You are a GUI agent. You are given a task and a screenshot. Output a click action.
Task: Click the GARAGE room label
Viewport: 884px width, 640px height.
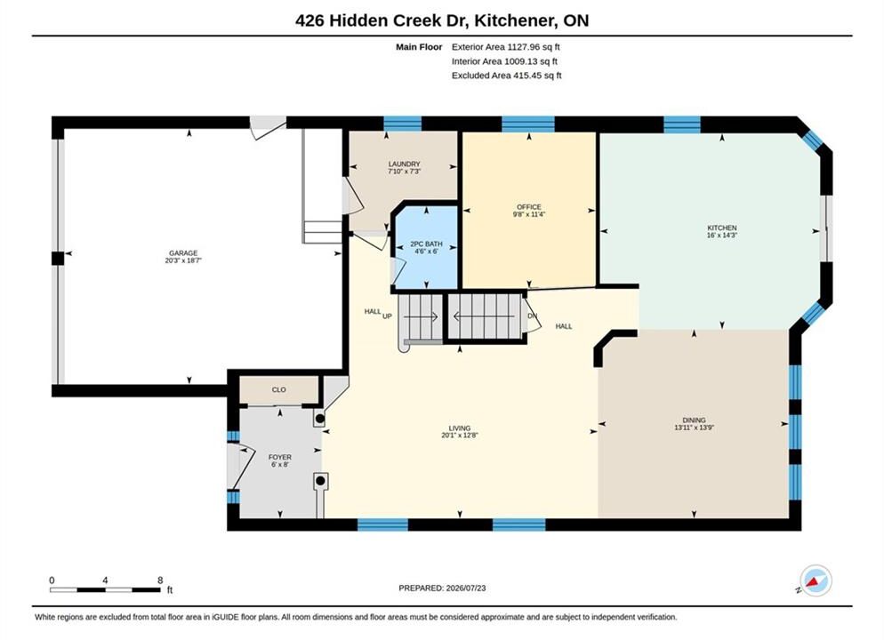pyautogui.click(x=183, y=253)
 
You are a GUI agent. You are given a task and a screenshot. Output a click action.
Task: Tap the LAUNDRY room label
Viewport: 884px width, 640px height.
pyautogui.click(x=405, y=164)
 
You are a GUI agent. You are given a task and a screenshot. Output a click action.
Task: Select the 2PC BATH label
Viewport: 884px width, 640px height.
pyautogui.click(x=426, y=244)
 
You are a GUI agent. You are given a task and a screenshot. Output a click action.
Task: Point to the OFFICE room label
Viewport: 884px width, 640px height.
pyautogui.click(x=529, y=207)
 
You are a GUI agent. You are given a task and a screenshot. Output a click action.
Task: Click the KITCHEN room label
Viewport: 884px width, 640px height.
pyautogui.click(x=722, y=228)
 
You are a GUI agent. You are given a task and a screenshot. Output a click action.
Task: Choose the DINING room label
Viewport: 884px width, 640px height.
pyautogui.click(x=694, y=420)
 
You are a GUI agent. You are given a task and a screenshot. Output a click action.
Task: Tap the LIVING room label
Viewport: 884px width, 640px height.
pyautogui.click(x=460, y=428)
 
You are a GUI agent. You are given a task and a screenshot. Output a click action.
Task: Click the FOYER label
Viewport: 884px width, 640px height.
pyautogui.click(x=280, y=458)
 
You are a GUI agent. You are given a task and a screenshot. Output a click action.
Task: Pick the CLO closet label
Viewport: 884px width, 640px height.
pyautogui.click(x=279, y=390)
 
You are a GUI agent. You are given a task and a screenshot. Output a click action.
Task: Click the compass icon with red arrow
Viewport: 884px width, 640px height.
pyautogui.click(x=815, y=580)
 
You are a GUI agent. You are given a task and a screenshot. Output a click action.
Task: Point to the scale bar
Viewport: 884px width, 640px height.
pyautogui.click(x=105, y=590)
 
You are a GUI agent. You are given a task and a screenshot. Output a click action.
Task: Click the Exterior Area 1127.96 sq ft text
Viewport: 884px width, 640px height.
pyautogui.click(x=506, y=47)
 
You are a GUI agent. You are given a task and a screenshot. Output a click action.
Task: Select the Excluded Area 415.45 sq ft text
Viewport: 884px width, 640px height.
pyautogui.click(x=507, y=76)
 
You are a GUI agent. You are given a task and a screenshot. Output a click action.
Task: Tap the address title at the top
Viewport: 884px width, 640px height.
pyautogui.click(x=442, y=20)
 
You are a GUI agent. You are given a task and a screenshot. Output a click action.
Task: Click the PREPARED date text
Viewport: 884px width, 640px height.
pyautogui.click(x=442, y=588)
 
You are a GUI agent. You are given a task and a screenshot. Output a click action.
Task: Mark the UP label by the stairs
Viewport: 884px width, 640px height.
pyautogui.click(x=388, y=316)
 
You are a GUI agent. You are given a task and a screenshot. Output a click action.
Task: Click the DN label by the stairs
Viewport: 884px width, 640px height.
pyautogui.click(x=532, y=316)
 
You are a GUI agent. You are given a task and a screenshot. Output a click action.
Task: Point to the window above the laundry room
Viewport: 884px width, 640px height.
pyautogui.click(x=403, y=124)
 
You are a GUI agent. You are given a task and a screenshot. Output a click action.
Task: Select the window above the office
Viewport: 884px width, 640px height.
pyautogui.click(x=528, y=124)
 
